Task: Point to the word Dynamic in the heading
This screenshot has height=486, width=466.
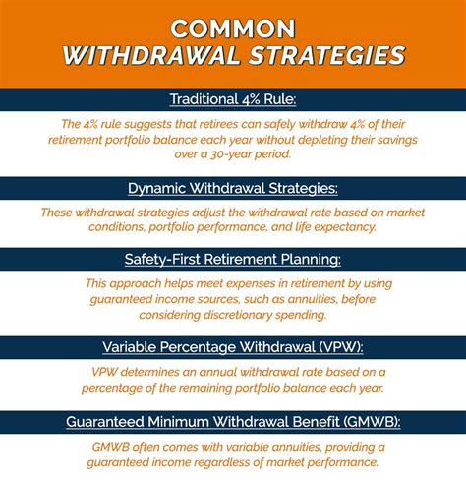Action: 158,189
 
